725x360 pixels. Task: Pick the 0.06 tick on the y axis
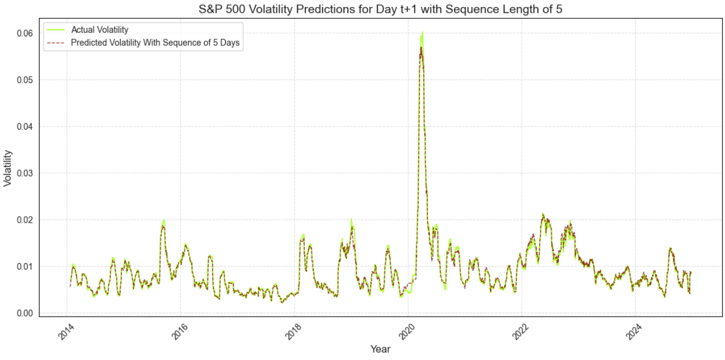(23, 33)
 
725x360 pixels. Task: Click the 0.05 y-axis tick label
(23, 80)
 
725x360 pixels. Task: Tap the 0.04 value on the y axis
(23, 126)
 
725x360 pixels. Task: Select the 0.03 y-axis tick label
(23, 173)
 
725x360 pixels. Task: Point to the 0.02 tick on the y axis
(23, 220)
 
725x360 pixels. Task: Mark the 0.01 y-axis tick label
(23, 266)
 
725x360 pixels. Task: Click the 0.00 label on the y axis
(23, 313)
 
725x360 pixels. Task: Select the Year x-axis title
(380, 349)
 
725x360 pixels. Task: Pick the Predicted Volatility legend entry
(155, 43)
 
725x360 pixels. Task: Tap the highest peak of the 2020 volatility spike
(422, 33)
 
